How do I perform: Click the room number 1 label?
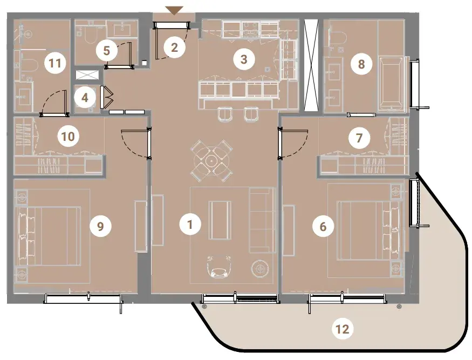pyautogui.click(x=190, y=224)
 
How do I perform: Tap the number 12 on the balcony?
pyautogui.click(x=343, y=329)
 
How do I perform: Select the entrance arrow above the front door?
pyautogui.click(x=175, y=11)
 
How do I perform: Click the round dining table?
pyautogui.click(x=211, y=161)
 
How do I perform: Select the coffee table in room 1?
pyautogui.click(x=220, y=220)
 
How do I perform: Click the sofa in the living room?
pyautogui.click(x=262, y=220)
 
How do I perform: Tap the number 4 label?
pyautogui.click(x=85, y=98)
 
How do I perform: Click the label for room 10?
pyautogui.click(x=69, y=136)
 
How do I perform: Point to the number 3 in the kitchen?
pyautogui.click(x=244, y=59)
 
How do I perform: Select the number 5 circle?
pyautogui.click(x=107, y=51)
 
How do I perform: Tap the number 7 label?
pyautogui.click(x=359, y=138)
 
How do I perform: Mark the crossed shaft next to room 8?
pyautogui.click(x=311, y=65)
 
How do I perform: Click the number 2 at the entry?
pyautogui.click(x=174, y=47)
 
